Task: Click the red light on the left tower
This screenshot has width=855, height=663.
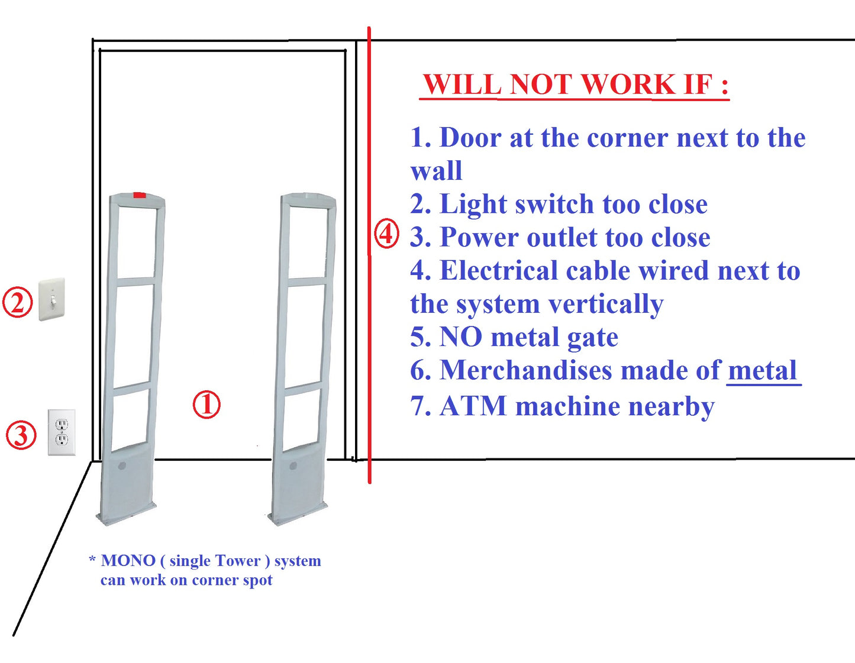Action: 140,195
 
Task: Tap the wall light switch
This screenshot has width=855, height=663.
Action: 51,300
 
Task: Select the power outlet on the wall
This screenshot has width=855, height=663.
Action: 62,432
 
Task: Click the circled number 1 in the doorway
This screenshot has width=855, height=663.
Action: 207,405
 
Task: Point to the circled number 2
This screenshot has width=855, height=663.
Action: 18,302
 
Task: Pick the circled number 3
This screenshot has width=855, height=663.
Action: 21,435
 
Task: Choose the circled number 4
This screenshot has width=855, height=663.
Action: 386,234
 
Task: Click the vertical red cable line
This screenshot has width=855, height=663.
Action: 369,355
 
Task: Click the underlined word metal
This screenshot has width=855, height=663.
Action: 762,371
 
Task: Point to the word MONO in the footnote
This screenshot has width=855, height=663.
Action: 128,561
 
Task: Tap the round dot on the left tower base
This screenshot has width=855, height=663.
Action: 122,466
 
